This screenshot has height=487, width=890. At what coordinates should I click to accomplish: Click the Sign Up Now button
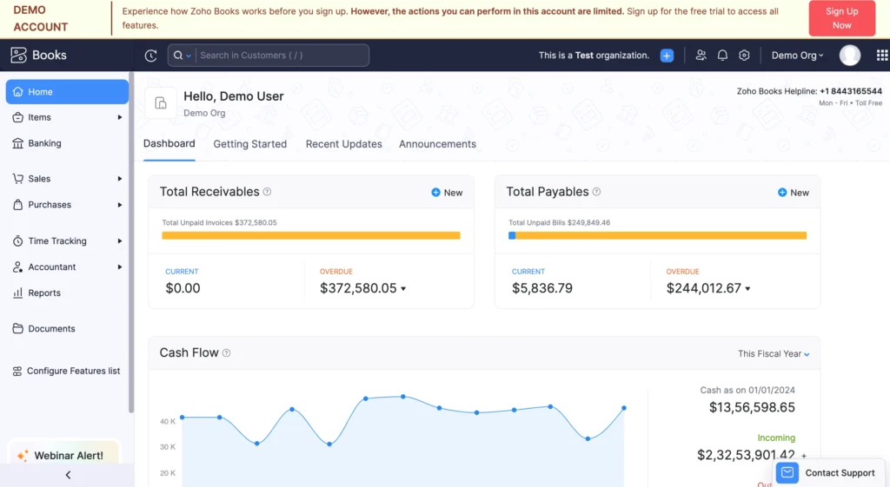coord(841,18)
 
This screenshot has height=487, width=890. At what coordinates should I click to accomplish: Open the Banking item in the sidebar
coord(44,143)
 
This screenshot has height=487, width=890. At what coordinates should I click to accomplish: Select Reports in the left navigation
coord(43,293)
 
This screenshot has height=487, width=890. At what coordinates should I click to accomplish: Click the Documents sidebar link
coord(51,329)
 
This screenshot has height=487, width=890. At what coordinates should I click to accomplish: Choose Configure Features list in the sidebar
coord(73,372)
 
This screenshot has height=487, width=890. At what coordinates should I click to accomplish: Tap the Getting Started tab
coord(249,144)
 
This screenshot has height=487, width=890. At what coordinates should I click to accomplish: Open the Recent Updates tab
coord(343,144)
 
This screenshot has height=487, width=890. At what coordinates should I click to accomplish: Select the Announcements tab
coord(437,144)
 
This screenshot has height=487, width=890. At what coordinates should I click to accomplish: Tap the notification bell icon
coord(722,56)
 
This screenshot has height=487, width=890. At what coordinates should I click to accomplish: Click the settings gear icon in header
coord(744,56)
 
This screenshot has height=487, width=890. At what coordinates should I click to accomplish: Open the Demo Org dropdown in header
coord(797,56)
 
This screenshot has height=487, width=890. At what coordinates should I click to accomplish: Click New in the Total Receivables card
coord(447,193)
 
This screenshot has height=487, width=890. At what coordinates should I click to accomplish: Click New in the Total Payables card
coord(793,193)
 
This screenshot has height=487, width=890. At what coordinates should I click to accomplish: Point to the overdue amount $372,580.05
coord(358,288)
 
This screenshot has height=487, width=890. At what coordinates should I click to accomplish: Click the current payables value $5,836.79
coord(541,288)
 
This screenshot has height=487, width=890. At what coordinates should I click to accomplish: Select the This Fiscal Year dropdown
coord(773,354)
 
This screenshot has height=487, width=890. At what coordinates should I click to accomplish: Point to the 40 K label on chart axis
coord(168,422)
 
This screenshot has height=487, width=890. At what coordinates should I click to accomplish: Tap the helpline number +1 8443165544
coord(850,91)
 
